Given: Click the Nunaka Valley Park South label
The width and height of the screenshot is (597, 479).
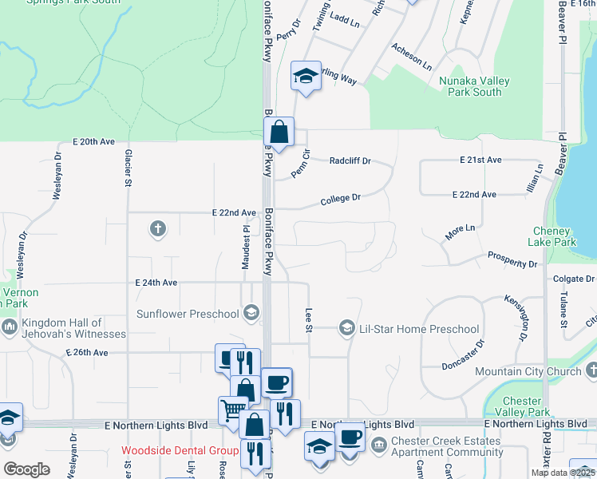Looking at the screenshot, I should point(470,86).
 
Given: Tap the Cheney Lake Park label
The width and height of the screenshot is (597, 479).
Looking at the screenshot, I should point(553,236).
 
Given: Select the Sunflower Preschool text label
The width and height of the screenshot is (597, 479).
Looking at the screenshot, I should point(188,314).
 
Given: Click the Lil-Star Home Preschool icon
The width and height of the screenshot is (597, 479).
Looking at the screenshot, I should point(347,328).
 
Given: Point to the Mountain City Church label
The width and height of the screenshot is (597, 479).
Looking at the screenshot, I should point(528,371).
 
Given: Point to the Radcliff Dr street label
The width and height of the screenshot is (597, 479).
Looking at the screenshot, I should point(350,160).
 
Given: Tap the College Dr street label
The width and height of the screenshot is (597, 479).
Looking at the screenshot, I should point(341,198).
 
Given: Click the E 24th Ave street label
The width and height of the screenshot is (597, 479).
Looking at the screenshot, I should point(156,283).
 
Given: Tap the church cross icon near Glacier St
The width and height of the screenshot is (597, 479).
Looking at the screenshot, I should point(158,230).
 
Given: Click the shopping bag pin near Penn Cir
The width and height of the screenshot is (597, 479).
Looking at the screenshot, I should point(279,132).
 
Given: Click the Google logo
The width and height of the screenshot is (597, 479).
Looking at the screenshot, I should point(26,469).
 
